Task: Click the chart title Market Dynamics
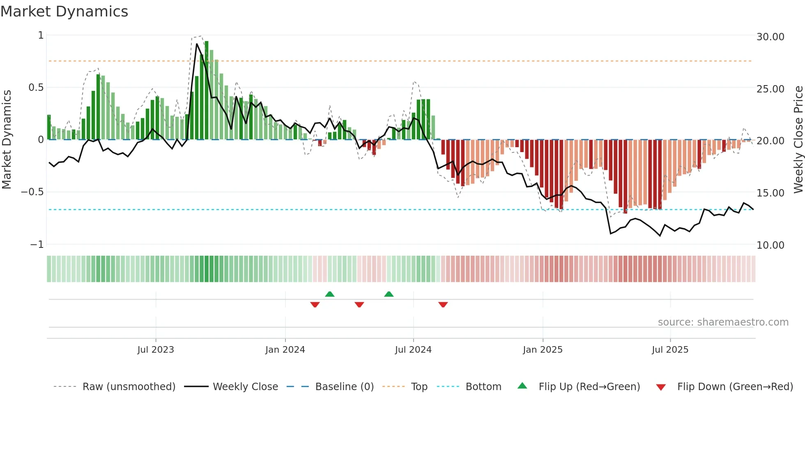(64, 12)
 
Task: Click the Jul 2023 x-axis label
(156, 350)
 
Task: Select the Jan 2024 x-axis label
(285, 350)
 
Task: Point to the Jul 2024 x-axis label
(413, 350)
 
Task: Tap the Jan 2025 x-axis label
(543, 350)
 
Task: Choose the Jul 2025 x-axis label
(670, 350)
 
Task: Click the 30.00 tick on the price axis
(770, 37)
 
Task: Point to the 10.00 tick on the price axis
(770, 245)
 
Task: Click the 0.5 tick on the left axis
(36, 88)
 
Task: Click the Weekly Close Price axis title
(798, 139)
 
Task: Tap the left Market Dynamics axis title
(7, 139)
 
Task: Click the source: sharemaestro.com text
(723, 322)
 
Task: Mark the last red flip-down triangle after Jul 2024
(443, 305)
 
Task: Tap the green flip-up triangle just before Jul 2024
(389, 294)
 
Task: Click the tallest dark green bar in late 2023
(207, 90)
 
